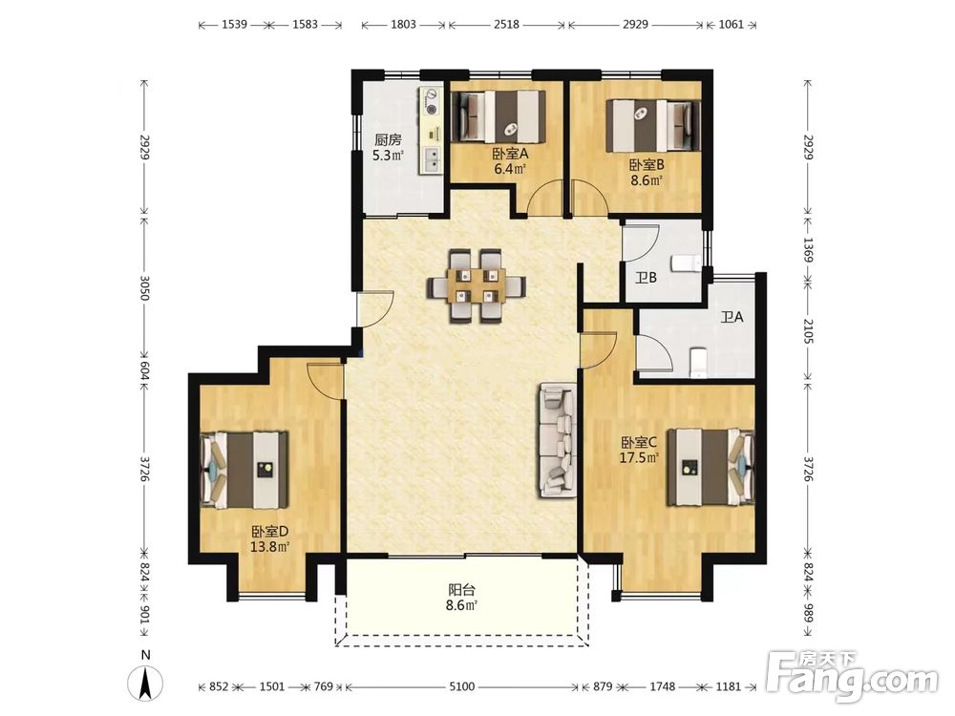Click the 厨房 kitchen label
point(388,139)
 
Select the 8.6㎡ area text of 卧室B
point(646,180)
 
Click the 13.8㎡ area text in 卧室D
point(269,546)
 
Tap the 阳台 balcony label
point(461,590)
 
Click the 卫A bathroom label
point(732,317)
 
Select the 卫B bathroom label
point(647,278)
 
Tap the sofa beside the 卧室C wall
point(557,439)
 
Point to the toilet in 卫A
point(698,363)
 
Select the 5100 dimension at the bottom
point(461,686)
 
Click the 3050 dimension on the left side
point(144,287)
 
